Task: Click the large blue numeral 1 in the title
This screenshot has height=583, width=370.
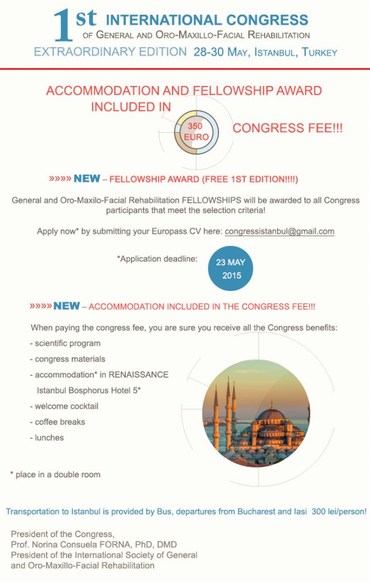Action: [63, 27]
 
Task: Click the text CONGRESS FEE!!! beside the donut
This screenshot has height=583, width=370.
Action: [287, 129]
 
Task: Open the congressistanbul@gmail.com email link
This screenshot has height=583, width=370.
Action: [279, 232]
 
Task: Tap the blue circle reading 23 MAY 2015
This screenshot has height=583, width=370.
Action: [229, 269]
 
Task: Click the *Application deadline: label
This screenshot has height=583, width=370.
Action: [157, 258]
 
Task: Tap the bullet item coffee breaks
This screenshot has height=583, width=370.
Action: [60, 422]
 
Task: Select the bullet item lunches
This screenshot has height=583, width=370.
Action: [49, 437]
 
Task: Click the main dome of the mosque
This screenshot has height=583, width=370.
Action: [271, 415]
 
